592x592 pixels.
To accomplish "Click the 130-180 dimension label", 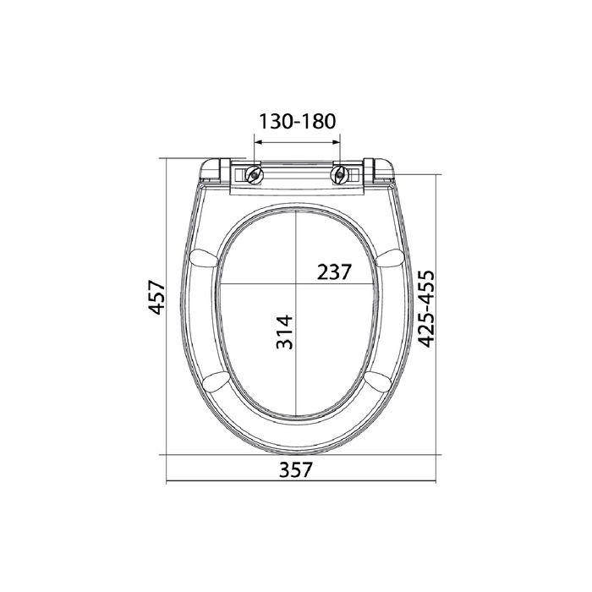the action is click(297, 122).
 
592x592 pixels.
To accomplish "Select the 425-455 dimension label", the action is click(427, 308).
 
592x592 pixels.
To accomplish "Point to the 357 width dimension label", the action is click(296, 469).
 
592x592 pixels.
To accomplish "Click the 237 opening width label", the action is click(334, 271).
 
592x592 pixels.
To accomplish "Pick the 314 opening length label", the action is click(285, 332).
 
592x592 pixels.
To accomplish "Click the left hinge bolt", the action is click(254, 174).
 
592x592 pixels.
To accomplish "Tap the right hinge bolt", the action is click(339, 174).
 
